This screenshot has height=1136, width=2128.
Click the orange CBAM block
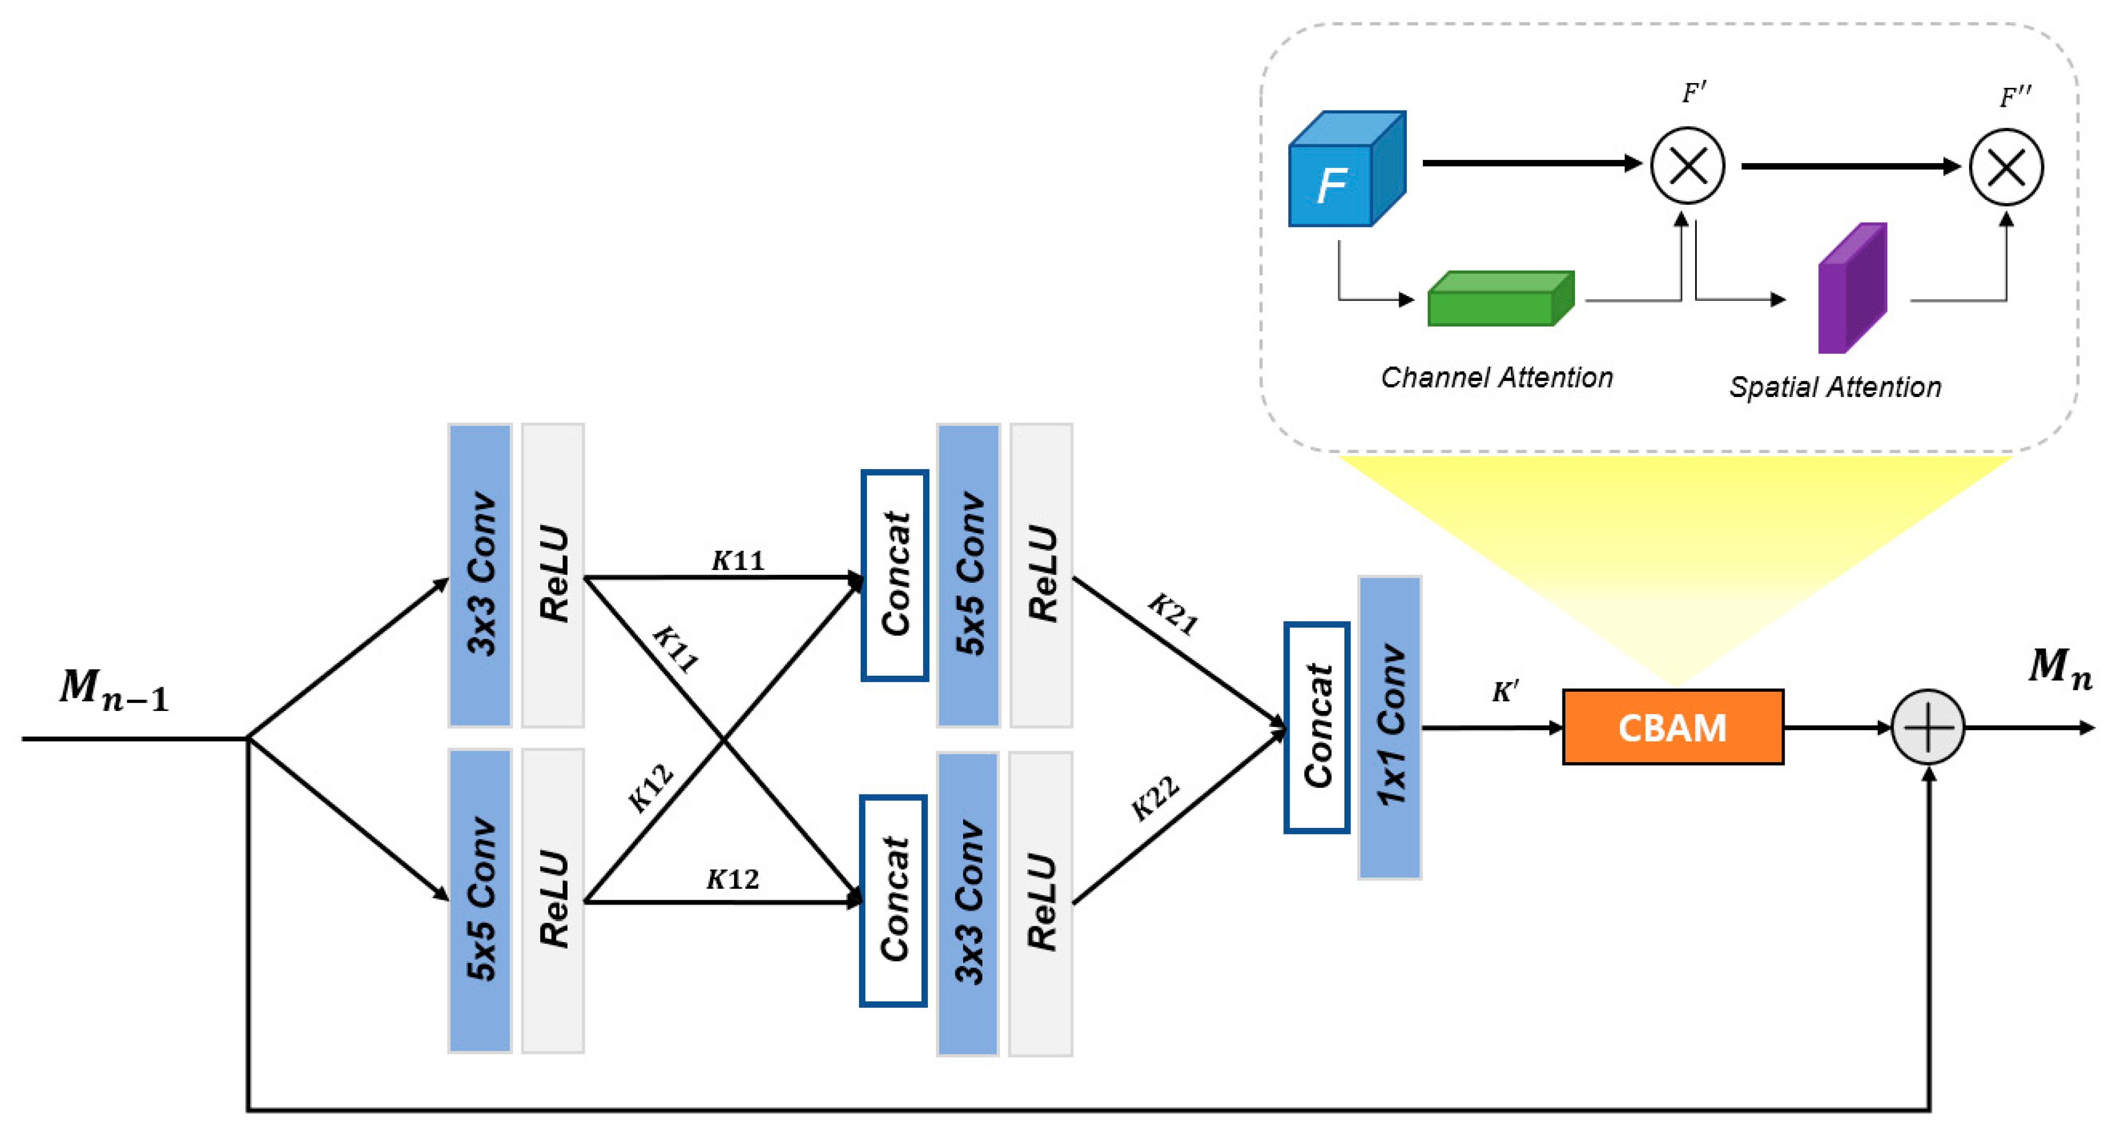click(1672, 727)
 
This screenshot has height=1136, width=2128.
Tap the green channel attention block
click(1499, 299)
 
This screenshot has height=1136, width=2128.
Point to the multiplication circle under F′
click(1687, 165)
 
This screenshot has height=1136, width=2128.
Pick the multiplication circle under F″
click(2006, 167)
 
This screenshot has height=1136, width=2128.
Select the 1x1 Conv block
click(1390, 727)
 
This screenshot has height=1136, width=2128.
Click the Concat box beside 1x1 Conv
click(1317, 727)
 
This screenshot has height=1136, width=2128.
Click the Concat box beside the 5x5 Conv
click(894, 575)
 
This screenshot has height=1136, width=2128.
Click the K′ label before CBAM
click(1504, 692)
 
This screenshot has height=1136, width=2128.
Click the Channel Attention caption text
click(1496, 378)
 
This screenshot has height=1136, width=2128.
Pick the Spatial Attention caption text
click(1835, 387)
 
